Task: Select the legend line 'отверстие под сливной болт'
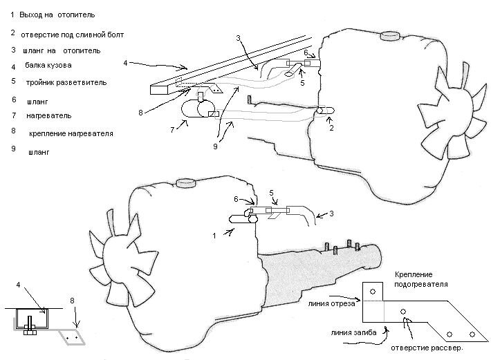(73, 34)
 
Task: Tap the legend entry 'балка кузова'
(48, 66)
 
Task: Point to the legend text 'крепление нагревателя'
(71, 133)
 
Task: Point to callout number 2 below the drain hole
(332, 128)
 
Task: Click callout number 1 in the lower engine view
(214, 236)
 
